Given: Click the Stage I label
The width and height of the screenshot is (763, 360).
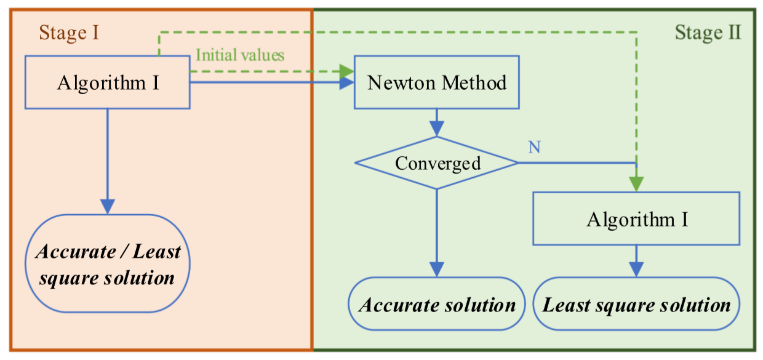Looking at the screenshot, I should coord(69,32).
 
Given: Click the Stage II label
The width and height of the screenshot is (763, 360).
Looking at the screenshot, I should coord(708,32).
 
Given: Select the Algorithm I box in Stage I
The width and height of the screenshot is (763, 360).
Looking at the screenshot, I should coord(108,82).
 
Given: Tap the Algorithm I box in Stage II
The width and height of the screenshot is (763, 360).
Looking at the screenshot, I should coord(636,218).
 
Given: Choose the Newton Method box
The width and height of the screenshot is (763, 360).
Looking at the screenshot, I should coord(437,82).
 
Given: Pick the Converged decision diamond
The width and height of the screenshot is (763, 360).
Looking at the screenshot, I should coord(437,163).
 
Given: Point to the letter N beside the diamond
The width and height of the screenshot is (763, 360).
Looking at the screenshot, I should coord(534,148).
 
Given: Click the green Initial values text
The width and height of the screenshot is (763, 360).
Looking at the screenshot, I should coord(240,55).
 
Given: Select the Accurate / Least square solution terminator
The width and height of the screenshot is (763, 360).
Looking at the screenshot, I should coord(108,265).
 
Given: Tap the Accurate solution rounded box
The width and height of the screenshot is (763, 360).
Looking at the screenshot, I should coord(437,305).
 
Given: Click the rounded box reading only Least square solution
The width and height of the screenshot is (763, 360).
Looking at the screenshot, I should coord(636,305).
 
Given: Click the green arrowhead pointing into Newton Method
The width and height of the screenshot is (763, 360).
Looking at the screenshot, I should coord(347,72).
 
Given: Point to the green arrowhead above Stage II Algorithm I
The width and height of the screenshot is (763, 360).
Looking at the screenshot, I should coord(636,183).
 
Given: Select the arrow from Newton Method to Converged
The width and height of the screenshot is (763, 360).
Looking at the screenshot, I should coord(437,123).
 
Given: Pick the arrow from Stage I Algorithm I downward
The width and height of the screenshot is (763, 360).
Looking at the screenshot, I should coord(108,160).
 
